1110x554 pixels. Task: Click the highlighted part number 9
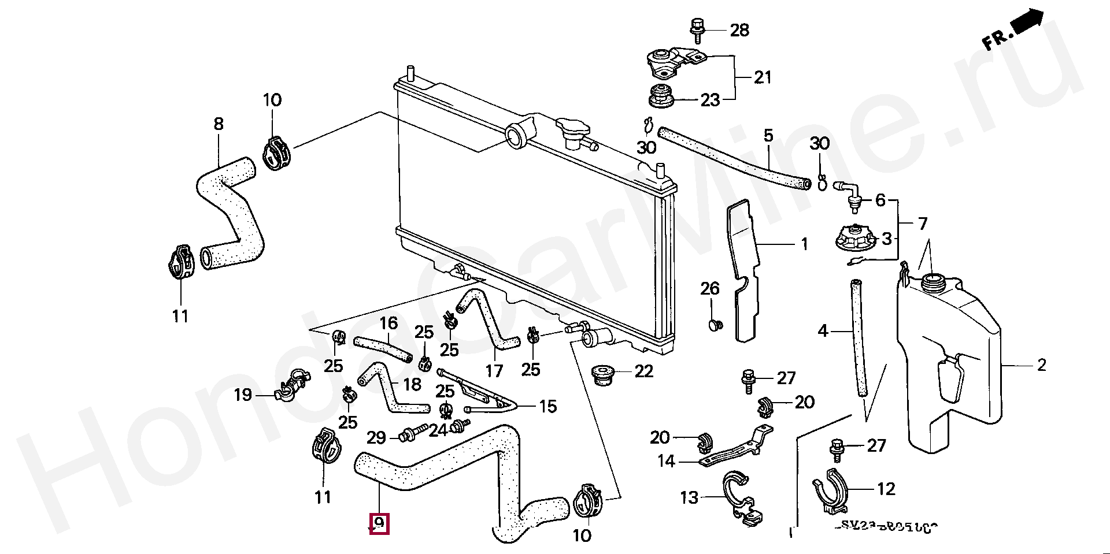click(380, 523)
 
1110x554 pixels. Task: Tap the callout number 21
click(763, 77)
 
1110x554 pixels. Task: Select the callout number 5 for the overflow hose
click(768, 137)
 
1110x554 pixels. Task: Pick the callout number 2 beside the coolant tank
click(1042, 365)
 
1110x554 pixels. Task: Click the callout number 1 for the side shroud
click(804, 245)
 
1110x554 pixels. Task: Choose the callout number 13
click(689, 497)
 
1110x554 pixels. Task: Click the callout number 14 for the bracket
click(666, 462)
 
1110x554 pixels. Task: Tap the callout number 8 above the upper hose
click(218, 124)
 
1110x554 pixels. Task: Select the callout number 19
click(243, 395)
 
